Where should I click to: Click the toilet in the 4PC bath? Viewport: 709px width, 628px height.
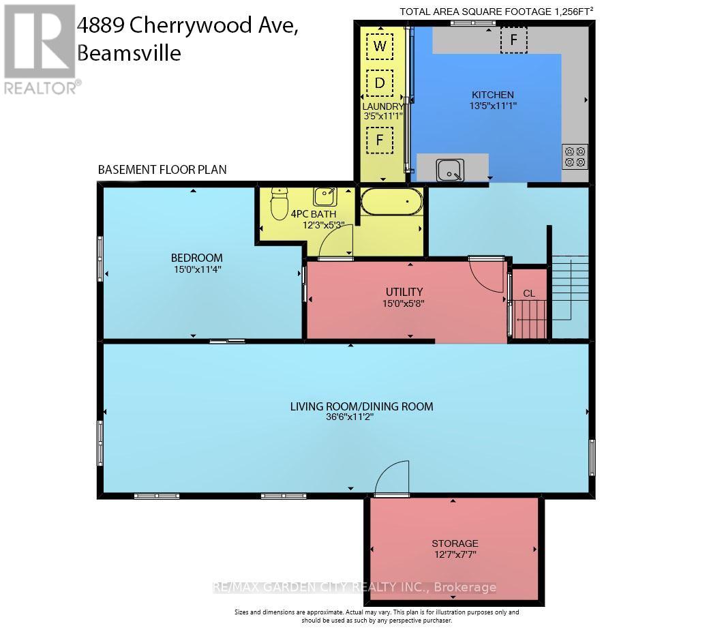pyautogui.click(x=279, y=205)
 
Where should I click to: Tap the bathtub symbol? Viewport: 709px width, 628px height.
pyautogui.click(x=391, y=202)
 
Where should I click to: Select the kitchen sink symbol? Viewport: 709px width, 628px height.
pyautogui.click(x=450, y=170)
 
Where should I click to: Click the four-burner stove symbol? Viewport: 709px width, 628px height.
pyautogui.click(x=575, y=157)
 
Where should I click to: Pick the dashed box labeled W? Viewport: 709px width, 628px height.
pyautogui.click(x=380, y=46)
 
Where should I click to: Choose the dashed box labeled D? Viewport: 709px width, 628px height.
pyautogui.click(x=380, y=83)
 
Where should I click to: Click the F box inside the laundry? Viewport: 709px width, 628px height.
pyautogui.click(x=380, y=140)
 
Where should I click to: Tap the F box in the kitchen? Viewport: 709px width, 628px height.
pyautogui.click(x=514, y=40)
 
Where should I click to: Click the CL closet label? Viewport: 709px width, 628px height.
pyautogui.click(x=529, y=294)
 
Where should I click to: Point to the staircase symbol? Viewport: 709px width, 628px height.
pyautogui.click(x=570, y=286)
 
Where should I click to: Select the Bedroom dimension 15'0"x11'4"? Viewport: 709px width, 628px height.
pyautogui.click(x=197, y=269)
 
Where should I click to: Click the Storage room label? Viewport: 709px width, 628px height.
pyautogui.click(x=455, y=543)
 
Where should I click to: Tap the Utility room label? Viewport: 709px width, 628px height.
pyautogui.click(x=404, y=292)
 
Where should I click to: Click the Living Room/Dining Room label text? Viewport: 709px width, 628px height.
pyautogui.click(x=361, y=406)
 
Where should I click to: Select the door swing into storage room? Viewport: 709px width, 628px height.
pyautogui.click(x=392, y=479)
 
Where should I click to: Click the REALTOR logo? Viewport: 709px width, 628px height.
pyautogui.click(x=40, y=48)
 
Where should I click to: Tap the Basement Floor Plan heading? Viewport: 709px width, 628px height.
pyautogui.click(x=162, y=169)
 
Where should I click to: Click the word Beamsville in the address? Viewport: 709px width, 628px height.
pyautogui.click(x=129, y=53)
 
